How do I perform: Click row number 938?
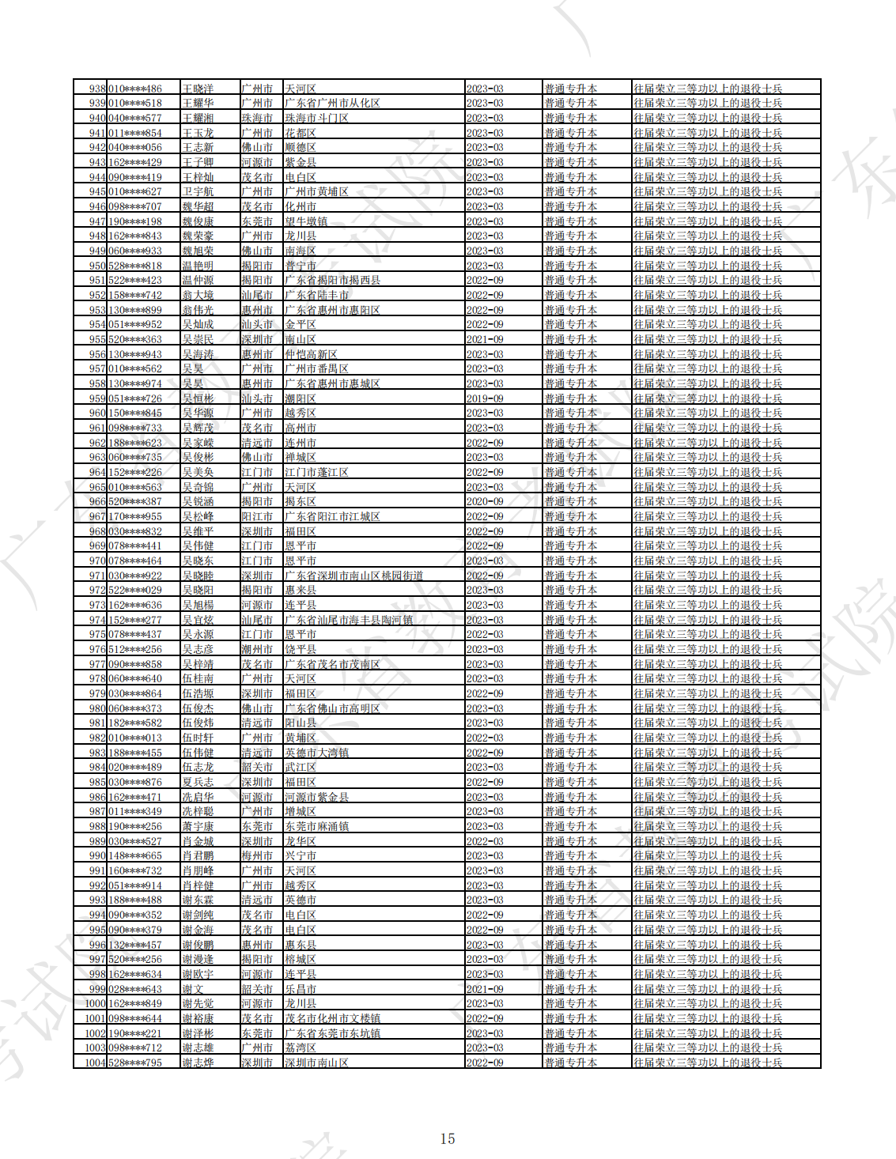click(97, 89)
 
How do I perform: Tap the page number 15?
click(448, 1138)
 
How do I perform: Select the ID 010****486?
click(135, 89)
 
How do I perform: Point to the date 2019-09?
click(485, 398)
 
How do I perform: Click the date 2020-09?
click(485, 501)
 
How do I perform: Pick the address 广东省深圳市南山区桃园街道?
click(353, 576)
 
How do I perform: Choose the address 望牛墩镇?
click(306, 221)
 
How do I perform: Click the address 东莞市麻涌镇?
click(316, 826)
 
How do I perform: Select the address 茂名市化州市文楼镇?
click(332, 1018)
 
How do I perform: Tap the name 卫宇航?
click(198, 191)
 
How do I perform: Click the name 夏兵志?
click(198, 782)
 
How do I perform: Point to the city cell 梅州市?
click(257, 855)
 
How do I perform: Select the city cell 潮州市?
click(257, 649)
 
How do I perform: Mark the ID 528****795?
click(135, 1063)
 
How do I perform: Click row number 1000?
click(95, 1003)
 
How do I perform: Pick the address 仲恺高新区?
click(311, 354)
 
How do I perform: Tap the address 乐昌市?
click(301, 989)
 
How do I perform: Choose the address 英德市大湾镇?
click(316, 753)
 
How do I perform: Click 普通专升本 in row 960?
click(570, 413)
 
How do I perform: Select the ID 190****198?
click(135, 221)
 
